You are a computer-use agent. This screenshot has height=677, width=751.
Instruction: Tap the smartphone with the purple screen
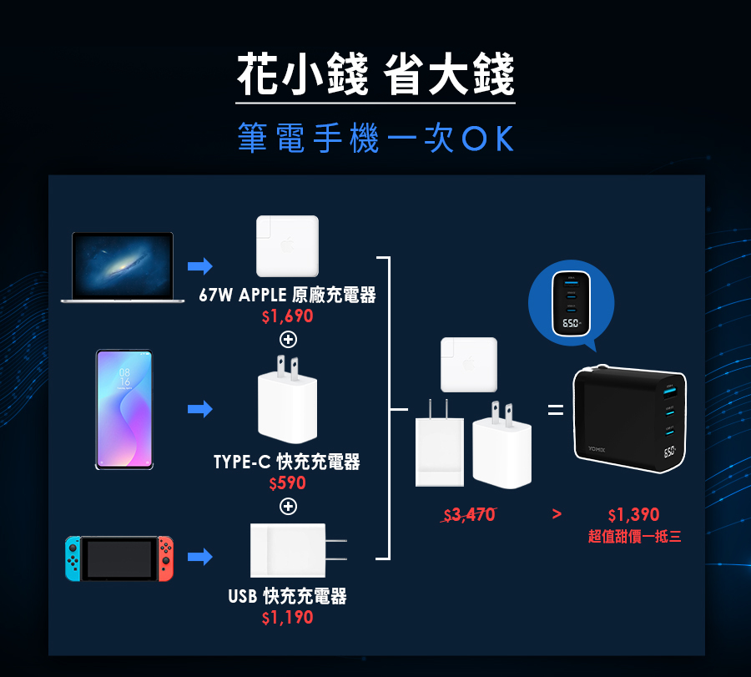click(x=123, y=409)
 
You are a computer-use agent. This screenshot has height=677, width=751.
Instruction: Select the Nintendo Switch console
click(x=121, y=558)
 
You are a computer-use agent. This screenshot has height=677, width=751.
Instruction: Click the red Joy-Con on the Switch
click(x=167, y=558)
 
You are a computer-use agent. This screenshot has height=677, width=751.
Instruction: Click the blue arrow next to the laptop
click(x=199, y=266)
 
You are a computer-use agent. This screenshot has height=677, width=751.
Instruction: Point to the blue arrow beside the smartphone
click(x=199, y=409)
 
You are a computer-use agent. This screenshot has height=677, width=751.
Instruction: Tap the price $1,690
click(x=287, y=317)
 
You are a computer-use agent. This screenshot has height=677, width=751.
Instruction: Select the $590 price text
click(x=287, y=483)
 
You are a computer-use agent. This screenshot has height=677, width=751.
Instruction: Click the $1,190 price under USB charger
click(x=287, y=618)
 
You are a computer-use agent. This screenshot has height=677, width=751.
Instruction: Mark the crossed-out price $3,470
click(x=469, y=515)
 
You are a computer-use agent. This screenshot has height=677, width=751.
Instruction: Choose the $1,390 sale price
click(x=633, y=515)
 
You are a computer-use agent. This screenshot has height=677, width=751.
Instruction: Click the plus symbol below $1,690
click(x=288, y=340)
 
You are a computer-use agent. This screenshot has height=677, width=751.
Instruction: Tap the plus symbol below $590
click(x=288, y=507)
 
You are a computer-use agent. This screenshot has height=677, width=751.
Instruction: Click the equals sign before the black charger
click(x=555, y=410)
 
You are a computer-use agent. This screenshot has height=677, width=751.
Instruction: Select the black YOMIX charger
click(x=628, y=422)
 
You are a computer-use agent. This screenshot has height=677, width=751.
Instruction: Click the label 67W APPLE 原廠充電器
click(x=287, y=296)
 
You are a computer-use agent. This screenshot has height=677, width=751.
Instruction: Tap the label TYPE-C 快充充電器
click(x=287, y=462)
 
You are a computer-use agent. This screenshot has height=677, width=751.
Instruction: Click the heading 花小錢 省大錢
click(x=375, y=75)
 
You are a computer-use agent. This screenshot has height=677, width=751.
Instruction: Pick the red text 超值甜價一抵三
click(x=634, y=537)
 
